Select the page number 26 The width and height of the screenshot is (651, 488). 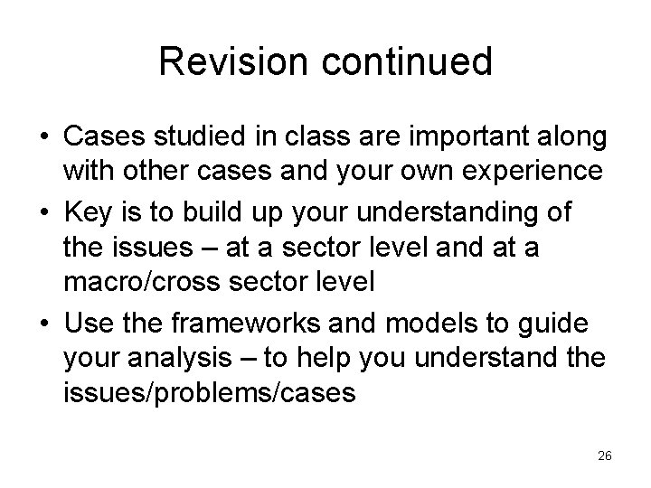[x=605, y=456]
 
